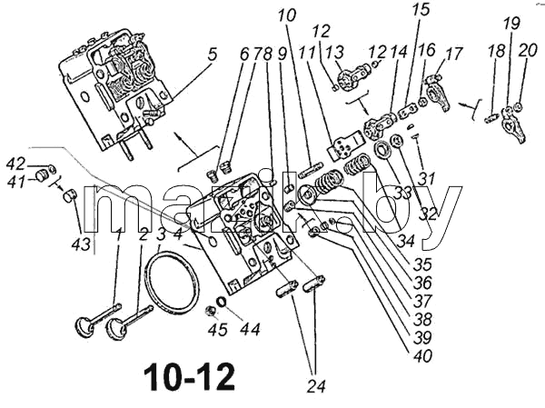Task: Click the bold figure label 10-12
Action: point(190,377)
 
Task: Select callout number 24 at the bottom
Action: point(317,386)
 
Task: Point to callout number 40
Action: point(422,356)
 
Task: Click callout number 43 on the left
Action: point(82,244)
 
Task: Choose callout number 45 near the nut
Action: point(218,329)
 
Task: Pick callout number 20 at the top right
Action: point(527,51)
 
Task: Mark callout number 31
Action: point(426,179)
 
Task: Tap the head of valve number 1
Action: point(84,328)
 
